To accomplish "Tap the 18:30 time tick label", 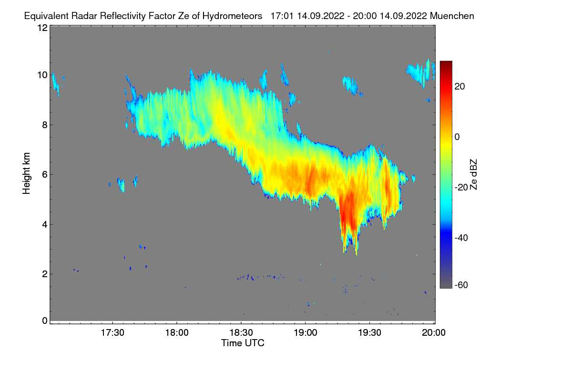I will tap(241, 333).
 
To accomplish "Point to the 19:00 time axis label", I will tap(305, 333).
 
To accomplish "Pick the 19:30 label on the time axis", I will tap(369, 333).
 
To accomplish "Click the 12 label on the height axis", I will tap(42, 28).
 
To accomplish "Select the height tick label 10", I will tap(42, 75).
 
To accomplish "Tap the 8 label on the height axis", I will tap(44, 125).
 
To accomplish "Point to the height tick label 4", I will tap(44, 224).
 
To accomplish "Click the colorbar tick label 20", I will tap(460, 86).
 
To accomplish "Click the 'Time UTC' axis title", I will tap(243, 343).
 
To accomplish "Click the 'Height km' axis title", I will tap(27, 173).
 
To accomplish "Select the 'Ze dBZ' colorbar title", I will tap(473, 174).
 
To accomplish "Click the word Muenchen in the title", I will tap(452, 16).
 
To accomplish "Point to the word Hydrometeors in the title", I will tap(232, 16).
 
